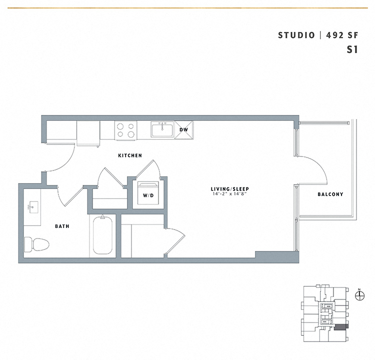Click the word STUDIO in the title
click(296, 35)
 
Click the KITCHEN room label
click(130, 155)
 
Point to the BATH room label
click(62, 226)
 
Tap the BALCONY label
click(330, 194)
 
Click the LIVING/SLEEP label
click(230, 188)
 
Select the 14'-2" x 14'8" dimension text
click(230, 194)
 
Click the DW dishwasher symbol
click(183, 129)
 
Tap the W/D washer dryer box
click(148, 195)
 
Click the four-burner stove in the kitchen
click(126, 130)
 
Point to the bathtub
click(102, 236)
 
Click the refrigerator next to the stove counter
click(88, 133)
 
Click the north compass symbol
click(358, 296)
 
